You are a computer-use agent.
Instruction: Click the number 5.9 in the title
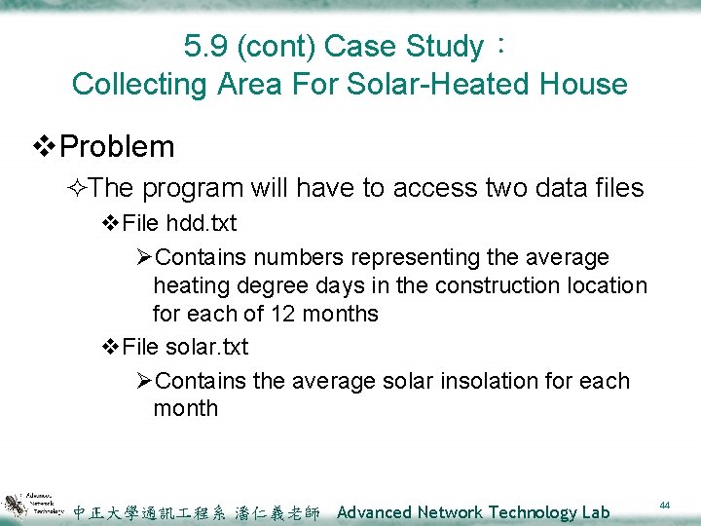[203, 46]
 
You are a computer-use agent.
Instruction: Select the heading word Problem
[117, 147]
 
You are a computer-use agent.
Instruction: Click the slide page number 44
[665, 505]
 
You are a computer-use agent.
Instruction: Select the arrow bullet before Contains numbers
[144, 258]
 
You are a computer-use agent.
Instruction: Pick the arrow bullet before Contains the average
[144, 381]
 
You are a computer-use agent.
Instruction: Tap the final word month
[185, 408]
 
